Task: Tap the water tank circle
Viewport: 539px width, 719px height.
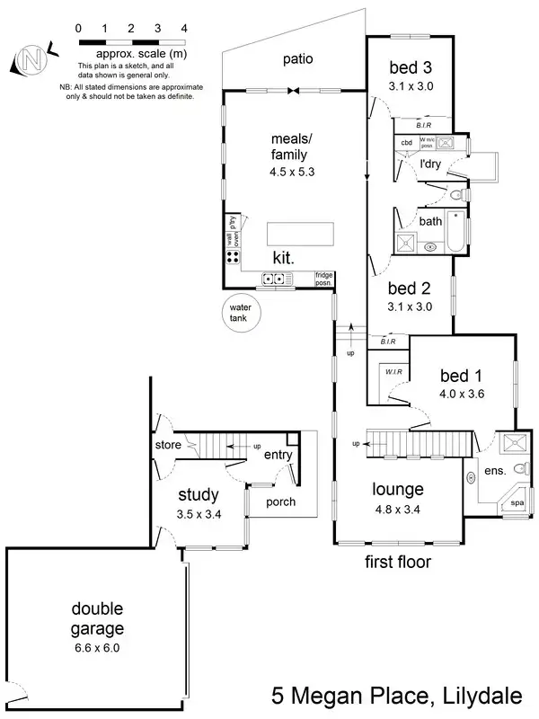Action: (241, 315)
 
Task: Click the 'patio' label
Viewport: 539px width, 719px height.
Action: (297, 60)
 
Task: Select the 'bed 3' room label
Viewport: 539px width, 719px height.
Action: (410, 67)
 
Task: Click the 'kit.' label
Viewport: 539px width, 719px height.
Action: (286, 257)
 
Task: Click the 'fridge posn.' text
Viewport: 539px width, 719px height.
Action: (323, 279)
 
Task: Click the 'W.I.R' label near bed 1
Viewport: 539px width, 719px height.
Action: (393, 371)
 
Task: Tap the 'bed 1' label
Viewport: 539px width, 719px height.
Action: (461, 374)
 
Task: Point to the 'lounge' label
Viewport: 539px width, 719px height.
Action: (399, 490)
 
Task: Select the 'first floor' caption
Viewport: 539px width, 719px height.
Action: (398, 563)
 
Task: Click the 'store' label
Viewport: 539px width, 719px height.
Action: (168, 444)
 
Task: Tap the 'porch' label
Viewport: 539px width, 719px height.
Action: (281, 502)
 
